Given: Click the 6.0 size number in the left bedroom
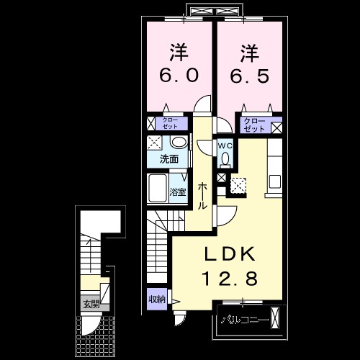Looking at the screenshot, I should (179, 74).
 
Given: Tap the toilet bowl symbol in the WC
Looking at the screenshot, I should (225, 158).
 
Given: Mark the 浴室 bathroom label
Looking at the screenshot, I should (177, 192).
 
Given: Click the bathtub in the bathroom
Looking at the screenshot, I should (158, 189).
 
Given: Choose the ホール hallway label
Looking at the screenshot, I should (203, 195).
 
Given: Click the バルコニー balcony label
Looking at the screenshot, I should (244, 318).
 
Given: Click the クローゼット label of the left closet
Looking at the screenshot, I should (170, 122).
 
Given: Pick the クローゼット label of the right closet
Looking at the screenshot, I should (254, 123).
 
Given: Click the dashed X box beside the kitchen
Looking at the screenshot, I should (238, 186).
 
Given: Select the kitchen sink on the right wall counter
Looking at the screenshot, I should (276, 180).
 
